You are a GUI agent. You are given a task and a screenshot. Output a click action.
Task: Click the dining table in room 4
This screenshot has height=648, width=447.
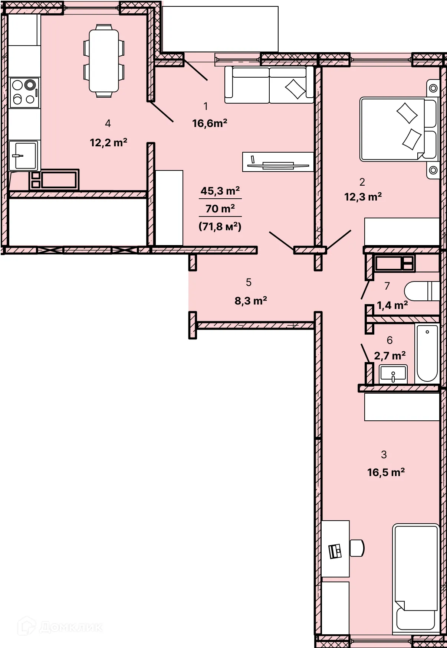pos(104,61)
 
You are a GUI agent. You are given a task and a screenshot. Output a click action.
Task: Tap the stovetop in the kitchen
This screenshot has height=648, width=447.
pos(24,93)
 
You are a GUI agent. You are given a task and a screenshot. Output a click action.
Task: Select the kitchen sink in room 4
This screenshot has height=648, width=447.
pos(23,156)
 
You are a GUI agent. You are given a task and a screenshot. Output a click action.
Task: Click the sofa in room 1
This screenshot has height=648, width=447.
pos(269,84)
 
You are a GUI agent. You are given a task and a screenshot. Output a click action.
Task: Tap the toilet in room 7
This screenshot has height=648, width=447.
pos(422,291)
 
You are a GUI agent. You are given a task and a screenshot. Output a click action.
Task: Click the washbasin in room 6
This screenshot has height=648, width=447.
pos(393,374)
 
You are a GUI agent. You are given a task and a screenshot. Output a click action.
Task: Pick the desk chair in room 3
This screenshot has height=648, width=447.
pos(357,548)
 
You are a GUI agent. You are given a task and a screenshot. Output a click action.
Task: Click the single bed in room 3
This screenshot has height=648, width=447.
pos(416,579)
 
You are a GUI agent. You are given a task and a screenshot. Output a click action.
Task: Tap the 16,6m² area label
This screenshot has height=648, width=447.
pos(210,123)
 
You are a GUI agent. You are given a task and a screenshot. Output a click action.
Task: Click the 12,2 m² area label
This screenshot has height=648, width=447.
pos(108,143)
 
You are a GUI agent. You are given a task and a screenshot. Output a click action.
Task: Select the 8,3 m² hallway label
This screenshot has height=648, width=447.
pos(251,301)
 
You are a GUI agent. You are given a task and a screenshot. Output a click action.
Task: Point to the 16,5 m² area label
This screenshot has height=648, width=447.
pos(386,472)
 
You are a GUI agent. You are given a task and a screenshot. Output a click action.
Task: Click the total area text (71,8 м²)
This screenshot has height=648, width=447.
pos(220,226)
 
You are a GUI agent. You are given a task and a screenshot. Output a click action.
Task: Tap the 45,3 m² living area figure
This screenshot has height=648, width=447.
pos(220,191)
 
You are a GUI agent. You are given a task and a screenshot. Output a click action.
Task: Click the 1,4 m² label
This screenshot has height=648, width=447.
pos(392,305)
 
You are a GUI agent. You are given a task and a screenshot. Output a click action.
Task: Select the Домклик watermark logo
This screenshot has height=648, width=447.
pos(60,627)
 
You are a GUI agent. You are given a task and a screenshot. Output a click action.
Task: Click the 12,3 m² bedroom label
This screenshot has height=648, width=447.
pos(363,197)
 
